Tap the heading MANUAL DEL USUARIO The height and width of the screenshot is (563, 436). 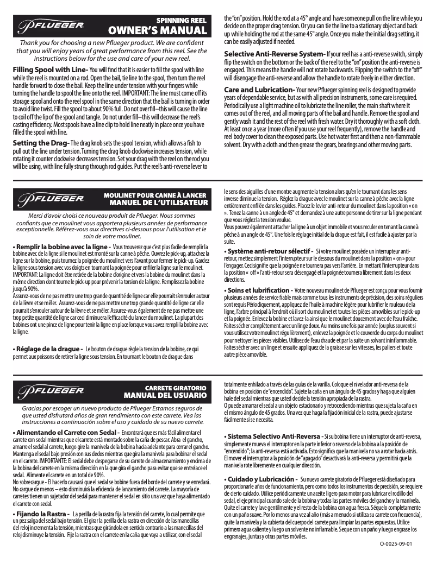(x=165, y=395)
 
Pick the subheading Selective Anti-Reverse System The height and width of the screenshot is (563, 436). (x=275, y=54)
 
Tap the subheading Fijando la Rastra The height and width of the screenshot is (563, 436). (x=41, y=513)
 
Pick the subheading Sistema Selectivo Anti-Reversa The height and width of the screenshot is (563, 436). (x=272, y=437)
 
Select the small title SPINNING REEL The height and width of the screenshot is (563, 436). (x=182, y=19)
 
